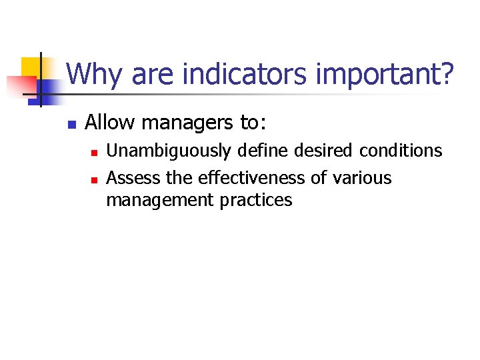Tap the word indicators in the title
pyautogui.click(x=222, y=74)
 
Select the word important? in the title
pyautogui.click(x=385, y=74)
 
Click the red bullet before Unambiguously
pyautogui.click(x=94, y=153)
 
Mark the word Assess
pyautogui.click(x=128, y=178)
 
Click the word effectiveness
pyautogui.click(x=253, y=178)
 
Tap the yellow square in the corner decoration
pyautogui.click(x=31, y=67)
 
